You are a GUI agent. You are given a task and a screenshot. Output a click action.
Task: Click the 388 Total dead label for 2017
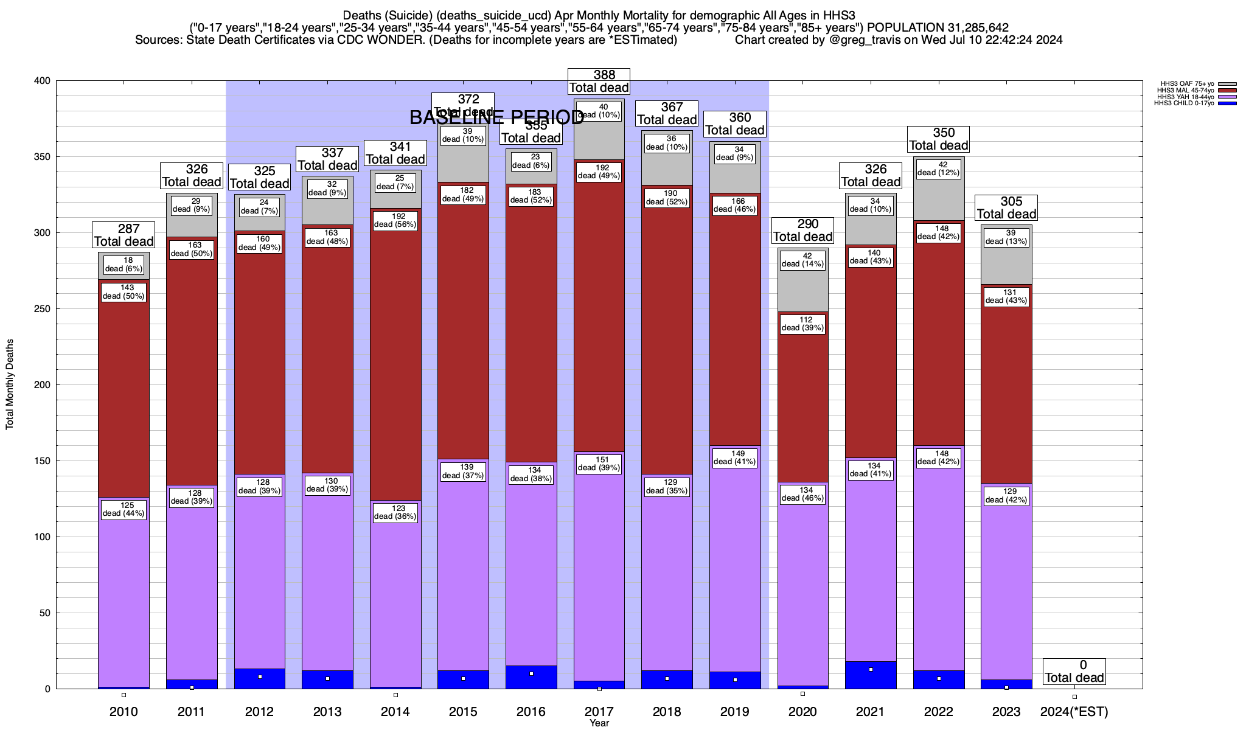tap(599, 82)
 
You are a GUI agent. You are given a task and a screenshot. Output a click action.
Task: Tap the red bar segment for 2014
tap(395, 365)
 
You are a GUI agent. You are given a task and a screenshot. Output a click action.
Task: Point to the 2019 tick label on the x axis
tap(735, 712)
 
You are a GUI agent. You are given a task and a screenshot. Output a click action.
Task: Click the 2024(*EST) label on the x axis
tap(1074, 712)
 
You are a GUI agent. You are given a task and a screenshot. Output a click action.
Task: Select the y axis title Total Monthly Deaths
tap(10, 384)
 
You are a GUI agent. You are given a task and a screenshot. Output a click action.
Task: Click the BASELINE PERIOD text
tap(496, 117)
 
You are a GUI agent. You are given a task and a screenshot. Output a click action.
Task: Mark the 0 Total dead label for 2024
tap(1074, 672)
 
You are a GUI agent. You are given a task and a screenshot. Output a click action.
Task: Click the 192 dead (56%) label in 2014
tap(395, 220)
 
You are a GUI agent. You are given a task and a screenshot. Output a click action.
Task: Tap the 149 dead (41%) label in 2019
tap(735, 457)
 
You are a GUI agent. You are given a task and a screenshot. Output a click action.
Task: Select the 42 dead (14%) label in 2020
tap(802, 260)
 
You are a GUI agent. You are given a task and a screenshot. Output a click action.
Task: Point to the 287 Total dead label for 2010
tap(124, 235)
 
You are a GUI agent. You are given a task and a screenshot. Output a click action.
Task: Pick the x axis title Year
tap(599, 723)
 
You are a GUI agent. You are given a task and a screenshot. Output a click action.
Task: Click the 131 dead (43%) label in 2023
tap(1006, 296)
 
